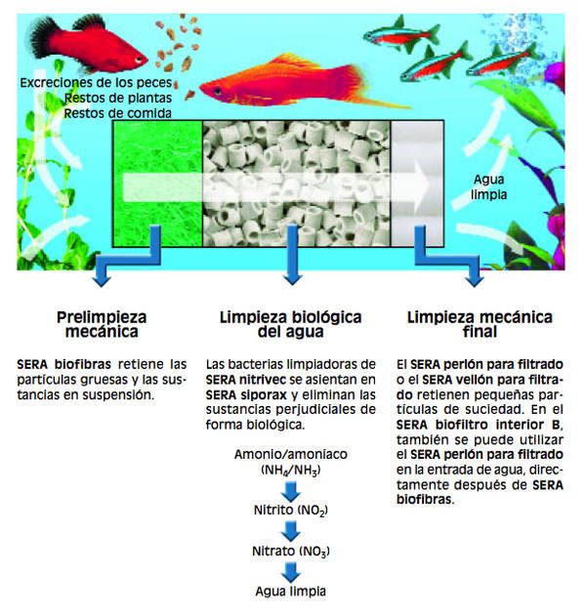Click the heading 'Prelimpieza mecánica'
pos(102,324)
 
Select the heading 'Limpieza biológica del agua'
pos(290,324)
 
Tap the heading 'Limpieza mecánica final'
pos(480,324)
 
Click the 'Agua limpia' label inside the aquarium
pos(488,186)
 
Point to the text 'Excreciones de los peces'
pos(96,83)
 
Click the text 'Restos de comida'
pos(118,113)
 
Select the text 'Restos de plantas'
pos(118,98)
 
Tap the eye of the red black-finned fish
pos(139,60)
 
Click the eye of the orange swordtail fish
pos(217,92)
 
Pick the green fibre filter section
pos(157,184)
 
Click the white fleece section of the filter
pos(417,184)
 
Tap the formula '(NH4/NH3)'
pos(291,470)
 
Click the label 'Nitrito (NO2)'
pos(291,511)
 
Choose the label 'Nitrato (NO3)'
pos(291,552)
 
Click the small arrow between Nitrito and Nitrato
pos(291,532)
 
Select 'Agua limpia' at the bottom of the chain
pos(291,591)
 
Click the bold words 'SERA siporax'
pos(246,395)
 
